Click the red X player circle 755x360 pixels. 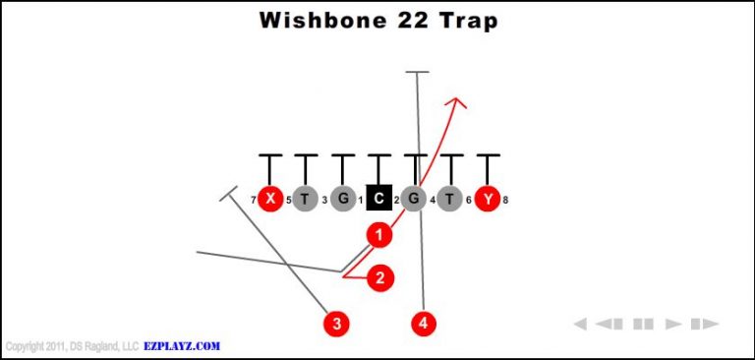click(x=269, y=200)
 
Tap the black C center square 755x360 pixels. click(x=378, y=200)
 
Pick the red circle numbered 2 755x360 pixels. click(x=380, y=278)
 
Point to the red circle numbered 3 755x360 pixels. click(x=337, y=322)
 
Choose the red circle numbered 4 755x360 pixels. click(x=424, y=322)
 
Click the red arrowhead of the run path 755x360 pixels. click(x=458, y=102)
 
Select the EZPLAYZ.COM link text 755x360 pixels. click(x=182, y=346)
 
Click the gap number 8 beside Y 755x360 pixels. click(x=505, y=201)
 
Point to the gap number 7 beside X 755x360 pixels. click(x=253, y=201)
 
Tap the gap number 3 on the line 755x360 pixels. click(x=324, y=201)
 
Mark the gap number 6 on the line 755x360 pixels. click(x=469, y=201)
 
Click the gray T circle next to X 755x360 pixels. click(x=306, y=200)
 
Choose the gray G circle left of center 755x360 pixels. click(x=342, y=200)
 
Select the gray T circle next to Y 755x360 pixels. click(x=451, y=200)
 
